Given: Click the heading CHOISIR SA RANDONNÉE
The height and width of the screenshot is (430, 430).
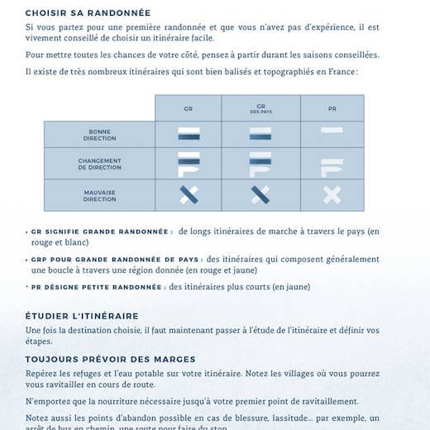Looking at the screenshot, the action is tap(88, 13).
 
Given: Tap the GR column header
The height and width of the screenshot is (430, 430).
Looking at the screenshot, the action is tap(188, 108).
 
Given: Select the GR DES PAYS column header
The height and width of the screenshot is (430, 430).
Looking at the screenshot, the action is tap(260, 108).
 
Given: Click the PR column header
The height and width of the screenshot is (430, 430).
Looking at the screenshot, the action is tap(332, 108).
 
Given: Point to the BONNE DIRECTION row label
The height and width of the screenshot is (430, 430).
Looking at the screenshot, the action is tap(100, 135).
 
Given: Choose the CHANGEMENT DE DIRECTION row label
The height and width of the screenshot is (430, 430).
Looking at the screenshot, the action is tap(100, 164).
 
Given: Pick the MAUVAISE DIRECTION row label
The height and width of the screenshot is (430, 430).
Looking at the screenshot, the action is tap(100, 195).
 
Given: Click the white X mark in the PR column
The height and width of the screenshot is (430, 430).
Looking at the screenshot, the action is tap(332, 195).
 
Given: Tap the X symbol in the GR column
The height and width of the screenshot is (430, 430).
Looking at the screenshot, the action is tap(189, 195).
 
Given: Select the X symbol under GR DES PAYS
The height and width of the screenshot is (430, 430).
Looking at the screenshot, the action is tap(260, 195).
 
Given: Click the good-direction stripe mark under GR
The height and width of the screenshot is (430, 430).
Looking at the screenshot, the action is tap(189, 133).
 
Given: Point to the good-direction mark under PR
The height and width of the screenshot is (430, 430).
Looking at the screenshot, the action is tap(332, 131).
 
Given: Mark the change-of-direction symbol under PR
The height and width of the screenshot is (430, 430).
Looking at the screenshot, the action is tap(332, 166).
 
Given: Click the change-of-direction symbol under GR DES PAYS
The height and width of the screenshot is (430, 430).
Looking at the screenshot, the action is tap(260, 164).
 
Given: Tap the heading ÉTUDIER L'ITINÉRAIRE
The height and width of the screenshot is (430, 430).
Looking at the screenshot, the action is tap(82, 316).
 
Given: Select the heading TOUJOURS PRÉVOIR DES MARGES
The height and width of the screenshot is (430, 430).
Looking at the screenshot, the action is tap(110, 360).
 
